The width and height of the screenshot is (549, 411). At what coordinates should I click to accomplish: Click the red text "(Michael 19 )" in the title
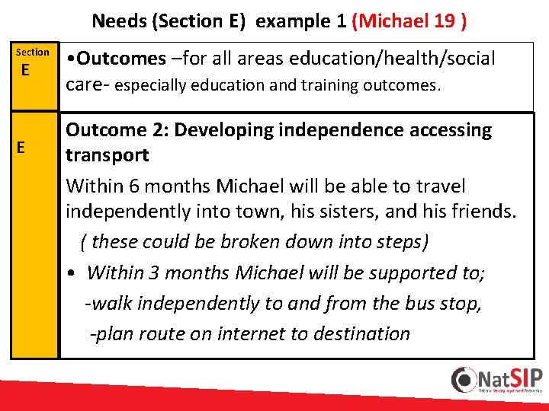coord(409,21)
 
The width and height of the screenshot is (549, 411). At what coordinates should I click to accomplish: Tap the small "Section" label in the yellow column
coord(33,52)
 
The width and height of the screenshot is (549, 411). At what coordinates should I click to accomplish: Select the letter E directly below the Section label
coord(26,71)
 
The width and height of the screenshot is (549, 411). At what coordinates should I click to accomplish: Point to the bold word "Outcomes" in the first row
coord(120,59)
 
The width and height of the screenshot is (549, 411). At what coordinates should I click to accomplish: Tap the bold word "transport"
coord(108,155)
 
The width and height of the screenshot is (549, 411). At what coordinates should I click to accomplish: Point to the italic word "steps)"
coord(401,242)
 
